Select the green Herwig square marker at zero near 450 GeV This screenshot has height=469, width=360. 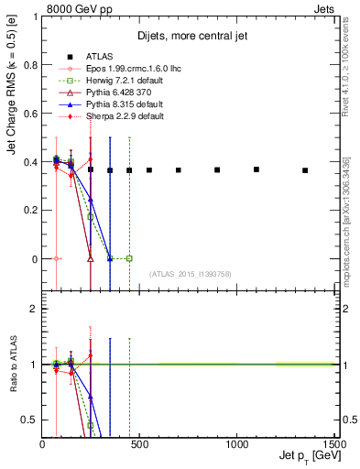point(129,258)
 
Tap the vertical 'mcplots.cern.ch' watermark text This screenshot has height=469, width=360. point(346,220)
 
